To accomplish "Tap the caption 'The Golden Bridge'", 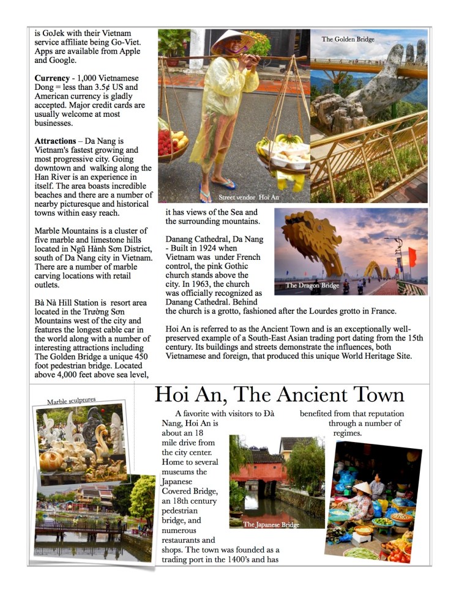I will point(348,40).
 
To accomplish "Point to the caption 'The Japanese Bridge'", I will point(271,525).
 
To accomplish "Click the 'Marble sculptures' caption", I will point(71,400).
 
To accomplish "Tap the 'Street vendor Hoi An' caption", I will point(248,197).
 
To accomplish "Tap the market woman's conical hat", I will point(362,487).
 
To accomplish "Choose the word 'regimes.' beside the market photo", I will point(347,433).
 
